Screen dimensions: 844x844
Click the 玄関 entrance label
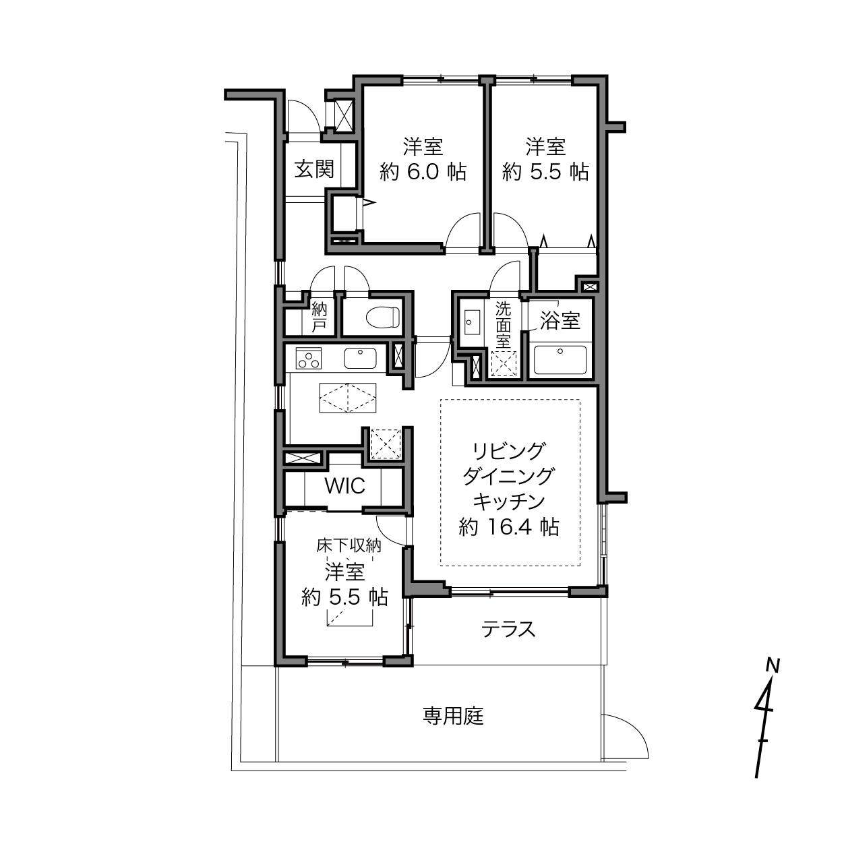click(314, 169)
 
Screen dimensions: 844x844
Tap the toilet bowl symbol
click(383, 317)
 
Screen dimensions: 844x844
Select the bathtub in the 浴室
click(560, 359)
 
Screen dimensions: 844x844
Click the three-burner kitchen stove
click(309, 358)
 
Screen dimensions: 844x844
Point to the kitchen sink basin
click(360, 358)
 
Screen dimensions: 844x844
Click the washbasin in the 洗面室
click(472, 322)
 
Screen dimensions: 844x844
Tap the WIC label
click(344, 486)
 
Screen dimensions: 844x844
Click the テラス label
click(508, 630)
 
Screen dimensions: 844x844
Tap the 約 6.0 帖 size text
click(423, 172)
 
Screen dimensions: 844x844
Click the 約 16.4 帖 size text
click(509, 527)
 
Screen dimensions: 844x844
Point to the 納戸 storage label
click(320, 318)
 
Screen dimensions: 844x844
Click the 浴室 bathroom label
click(560, 321)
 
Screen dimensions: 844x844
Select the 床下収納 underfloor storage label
click(349, 545)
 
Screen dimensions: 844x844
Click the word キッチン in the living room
click(509, 502)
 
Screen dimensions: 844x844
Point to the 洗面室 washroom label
click(504, 324)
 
